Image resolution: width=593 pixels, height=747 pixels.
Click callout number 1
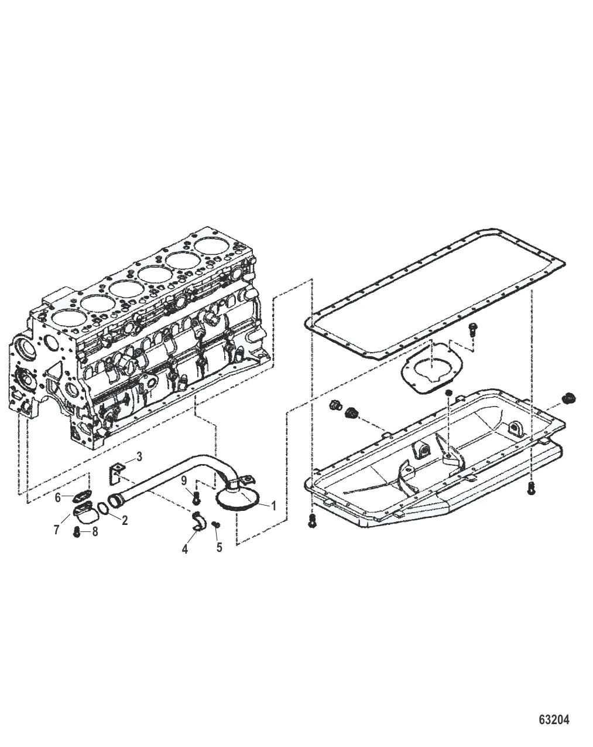(x=273, y=506)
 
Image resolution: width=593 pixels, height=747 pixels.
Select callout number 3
(x=139, y=457)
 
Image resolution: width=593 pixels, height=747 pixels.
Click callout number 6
(x=58, y=497)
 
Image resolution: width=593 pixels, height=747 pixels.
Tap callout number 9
(x=184, y=481)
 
